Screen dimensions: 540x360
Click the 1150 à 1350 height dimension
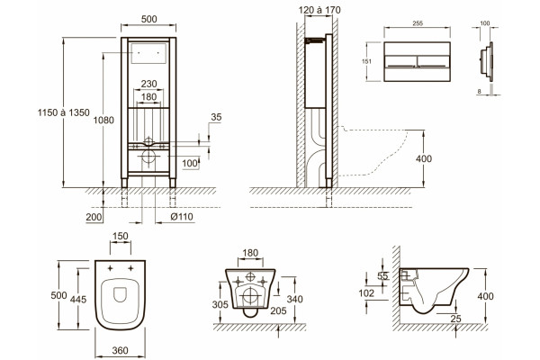click(x=63, y=112)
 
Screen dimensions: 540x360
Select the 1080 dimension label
click(x=103, y=121)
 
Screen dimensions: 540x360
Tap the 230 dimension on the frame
click(x=148, y=84)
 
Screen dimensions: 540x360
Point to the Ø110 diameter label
click(x=182, y=217)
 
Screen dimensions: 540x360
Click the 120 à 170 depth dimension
click(x=319, y=10)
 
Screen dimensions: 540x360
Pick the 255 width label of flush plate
click(x=418, y=23)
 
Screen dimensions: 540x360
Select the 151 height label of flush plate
click(x=367, y=62)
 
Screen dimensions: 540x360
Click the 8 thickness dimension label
click(x=480, y=91)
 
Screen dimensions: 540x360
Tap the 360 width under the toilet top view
click(x=121, y=350)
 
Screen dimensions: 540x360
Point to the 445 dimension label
click(x=78, y=300)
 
